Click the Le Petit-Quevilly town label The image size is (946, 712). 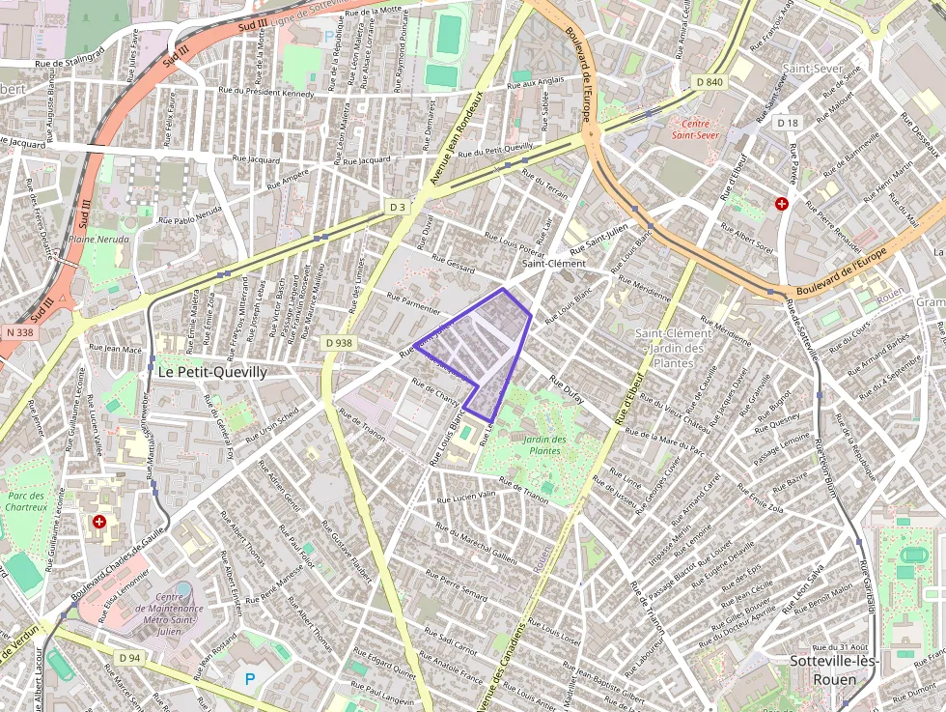pyautogui.click(x=211, y=371)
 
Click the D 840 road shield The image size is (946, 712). pyautogui.click(x=709, y=82)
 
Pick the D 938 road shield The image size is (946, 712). pyautogui.click(x=338, y=342)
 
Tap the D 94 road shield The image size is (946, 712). pyautogui.click(x=130, y=658)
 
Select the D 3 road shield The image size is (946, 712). pyautogui.click(x=398, y=207)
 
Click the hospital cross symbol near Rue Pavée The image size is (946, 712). pyautogui.click(x=782, y=205)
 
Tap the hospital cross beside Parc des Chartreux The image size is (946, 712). pyautogui.click(x=98, y=522)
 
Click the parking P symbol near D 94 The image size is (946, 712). pyautogui.click(x=250, y=679)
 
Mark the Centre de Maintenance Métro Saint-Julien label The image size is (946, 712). pyautogui.click(x=164, y=611)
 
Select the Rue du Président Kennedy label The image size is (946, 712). pyautogui.click(x=266, y=94)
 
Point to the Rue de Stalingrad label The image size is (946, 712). pyautogui.click(x=70, y=64)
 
